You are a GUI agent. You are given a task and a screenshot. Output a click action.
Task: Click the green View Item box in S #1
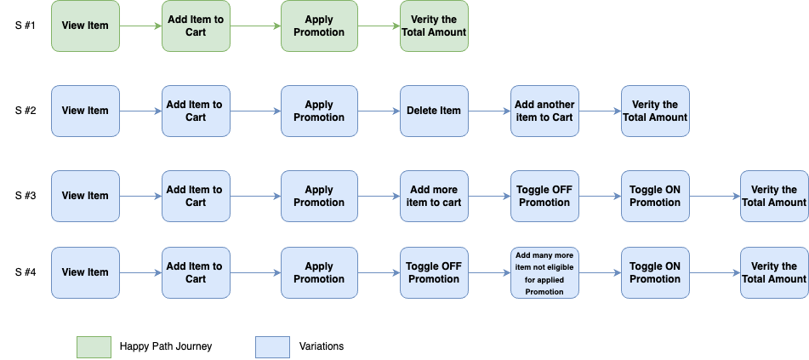tap(85, 26)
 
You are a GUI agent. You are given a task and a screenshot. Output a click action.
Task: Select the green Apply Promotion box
tap(319, 26)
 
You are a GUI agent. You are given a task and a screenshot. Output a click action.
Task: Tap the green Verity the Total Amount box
tap(434, 26)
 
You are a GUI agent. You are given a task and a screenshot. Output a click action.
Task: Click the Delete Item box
tap(434, 111)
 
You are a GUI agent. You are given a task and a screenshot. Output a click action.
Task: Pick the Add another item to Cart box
tap(544, 111)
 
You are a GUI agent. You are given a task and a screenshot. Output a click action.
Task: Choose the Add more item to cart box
tap(434, 196)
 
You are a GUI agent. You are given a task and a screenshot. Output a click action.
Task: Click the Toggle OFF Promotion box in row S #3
tap(544, 196)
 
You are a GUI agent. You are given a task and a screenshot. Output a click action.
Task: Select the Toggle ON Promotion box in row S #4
tap(655, 272)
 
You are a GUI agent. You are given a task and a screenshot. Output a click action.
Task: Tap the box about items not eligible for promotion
tap(544, 272)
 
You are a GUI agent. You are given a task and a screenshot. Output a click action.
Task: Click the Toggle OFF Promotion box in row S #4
tap(434, 272)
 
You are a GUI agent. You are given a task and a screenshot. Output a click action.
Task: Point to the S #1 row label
tap(26, 25)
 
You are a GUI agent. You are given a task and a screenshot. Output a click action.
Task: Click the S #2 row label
tap(26, 110)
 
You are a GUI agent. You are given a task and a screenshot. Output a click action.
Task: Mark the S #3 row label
tap(26, 195)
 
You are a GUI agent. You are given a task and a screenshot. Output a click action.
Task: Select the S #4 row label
tap(26, 271)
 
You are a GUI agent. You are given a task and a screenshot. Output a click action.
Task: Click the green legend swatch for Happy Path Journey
tap(94, 346)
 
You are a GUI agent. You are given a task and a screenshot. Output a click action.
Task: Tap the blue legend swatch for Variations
tap(272, 346)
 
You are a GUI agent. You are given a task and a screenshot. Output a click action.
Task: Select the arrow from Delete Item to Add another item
tap(489, 111)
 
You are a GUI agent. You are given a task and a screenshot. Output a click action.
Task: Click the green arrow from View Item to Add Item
tap(140, 26)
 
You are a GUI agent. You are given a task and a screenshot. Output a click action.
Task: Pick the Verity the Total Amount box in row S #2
tap(655, 111)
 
